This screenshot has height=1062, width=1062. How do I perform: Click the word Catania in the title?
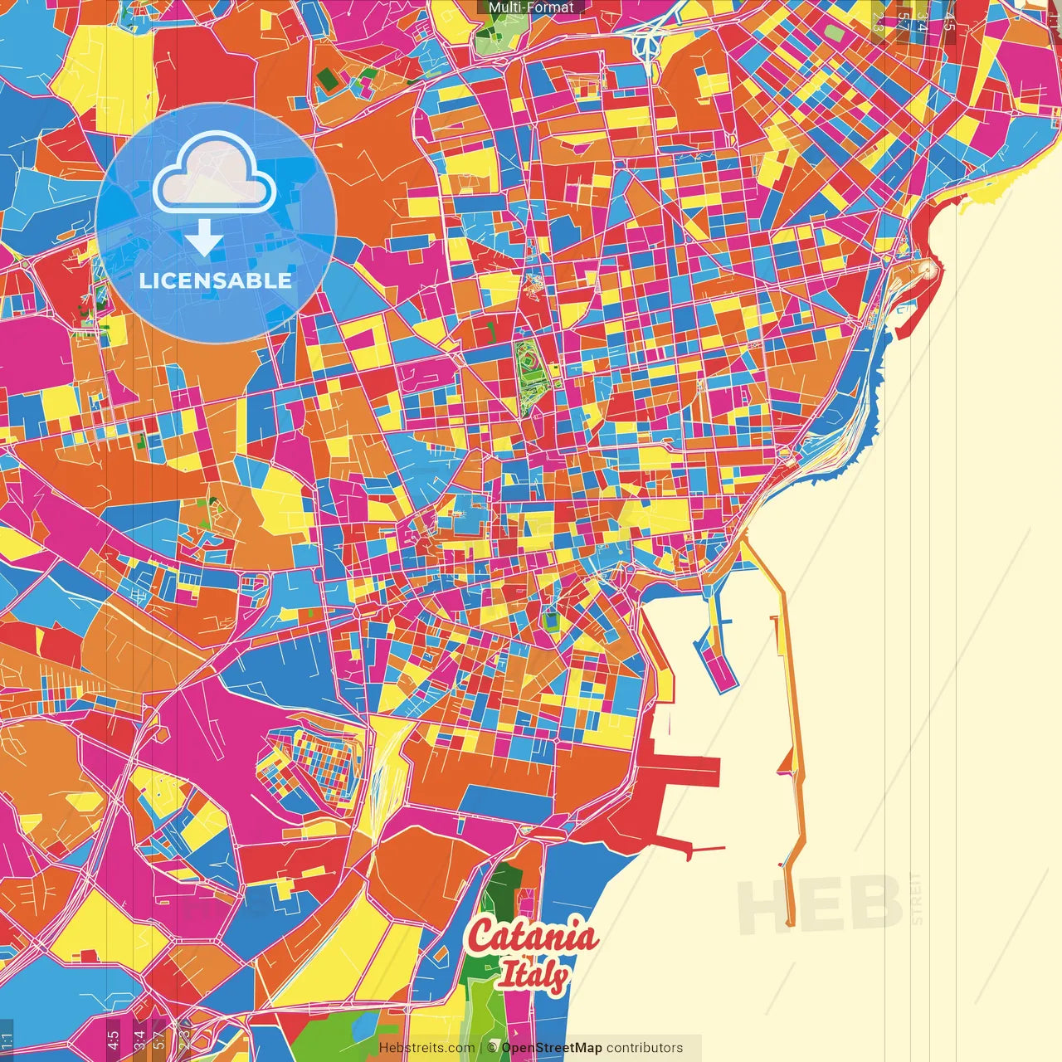click(532, 937)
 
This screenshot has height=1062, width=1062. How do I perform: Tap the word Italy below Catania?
click(533, 976)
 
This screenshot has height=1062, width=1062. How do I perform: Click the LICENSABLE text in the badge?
click(216, 280)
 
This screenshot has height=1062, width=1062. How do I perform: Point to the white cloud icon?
click(214, 175)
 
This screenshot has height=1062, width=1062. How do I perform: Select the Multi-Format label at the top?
click(531, 7)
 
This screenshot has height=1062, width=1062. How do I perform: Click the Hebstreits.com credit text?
click(426, 1048)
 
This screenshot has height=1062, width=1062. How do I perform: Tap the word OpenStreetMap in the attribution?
click(551, 1048)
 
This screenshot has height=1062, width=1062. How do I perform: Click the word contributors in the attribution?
click(645, 1048)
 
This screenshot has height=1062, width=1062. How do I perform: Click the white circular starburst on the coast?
click(926, 269)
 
